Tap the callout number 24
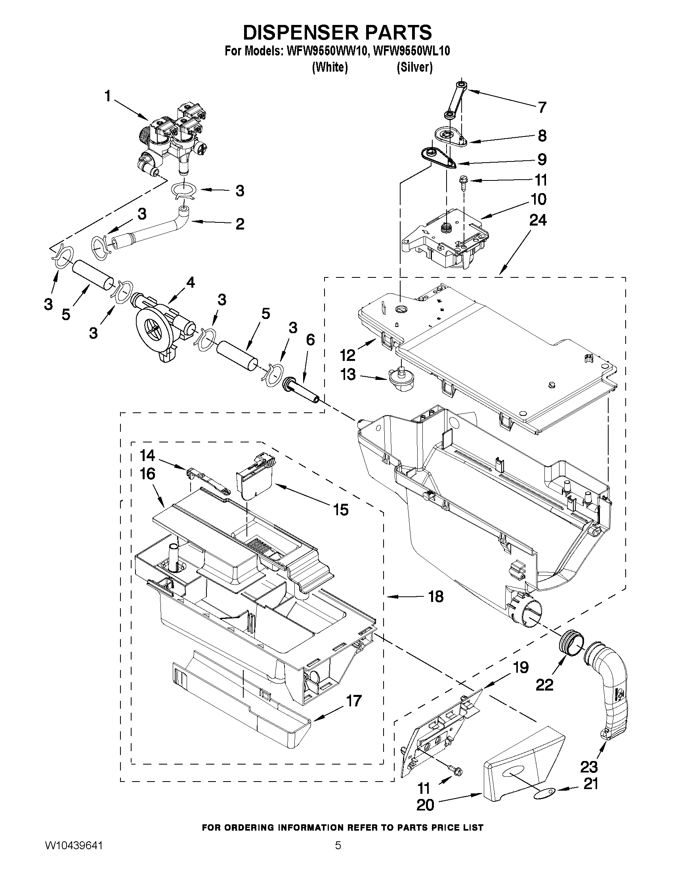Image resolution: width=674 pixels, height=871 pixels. (x=537, y=220)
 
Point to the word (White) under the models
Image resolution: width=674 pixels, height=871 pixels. (x=329, y=68)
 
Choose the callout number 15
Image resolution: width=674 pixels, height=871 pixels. (x=340, y=510)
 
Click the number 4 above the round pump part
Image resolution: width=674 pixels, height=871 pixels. (x=191, y=283)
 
